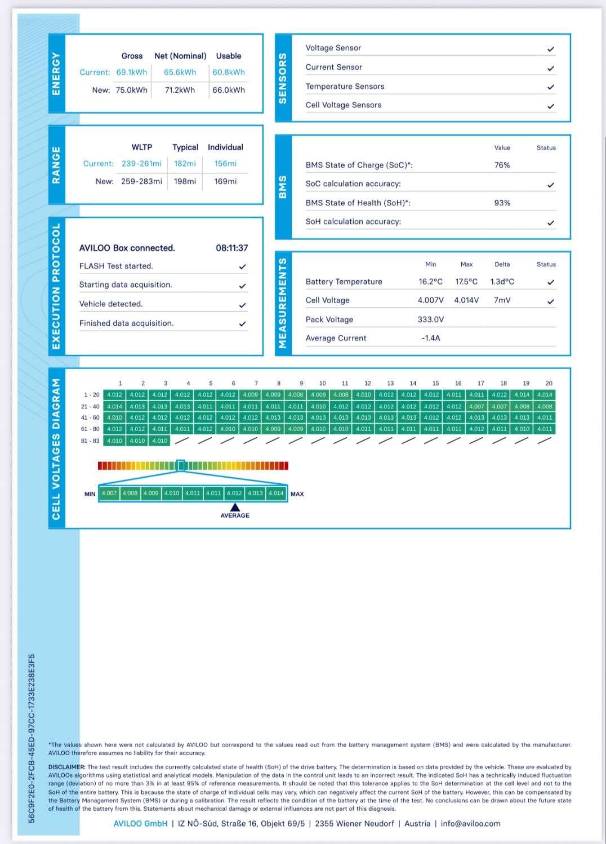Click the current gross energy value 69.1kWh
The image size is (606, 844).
click(131, 72)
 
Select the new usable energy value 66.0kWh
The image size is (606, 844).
click(229, 90)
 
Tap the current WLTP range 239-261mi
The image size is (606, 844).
click(141, 164)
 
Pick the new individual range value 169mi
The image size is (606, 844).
click(225, 181)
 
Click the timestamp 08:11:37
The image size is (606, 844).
click(231, 248)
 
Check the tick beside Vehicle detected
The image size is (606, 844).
click(242, 305)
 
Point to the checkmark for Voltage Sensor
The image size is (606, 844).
click(551, 49)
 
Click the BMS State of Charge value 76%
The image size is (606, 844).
click(502, 165)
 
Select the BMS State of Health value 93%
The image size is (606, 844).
click(502, 203)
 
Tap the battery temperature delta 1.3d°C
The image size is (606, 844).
click(502, 282)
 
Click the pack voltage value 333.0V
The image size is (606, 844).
click(431, 320)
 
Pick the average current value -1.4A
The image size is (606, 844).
click(431, 338)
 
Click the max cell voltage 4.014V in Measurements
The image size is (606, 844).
click(466, 300)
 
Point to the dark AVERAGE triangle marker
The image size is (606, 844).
click(235, 508)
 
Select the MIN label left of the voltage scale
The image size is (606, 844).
click(90, 494)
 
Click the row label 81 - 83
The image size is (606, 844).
click(90, 441)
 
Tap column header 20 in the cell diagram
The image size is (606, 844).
click(549, 383)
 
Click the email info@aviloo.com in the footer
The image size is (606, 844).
click(470, 824)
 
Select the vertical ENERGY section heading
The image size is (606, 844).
click(56, 73)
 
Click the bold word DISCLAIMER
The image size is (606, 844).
click(66, 767)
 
